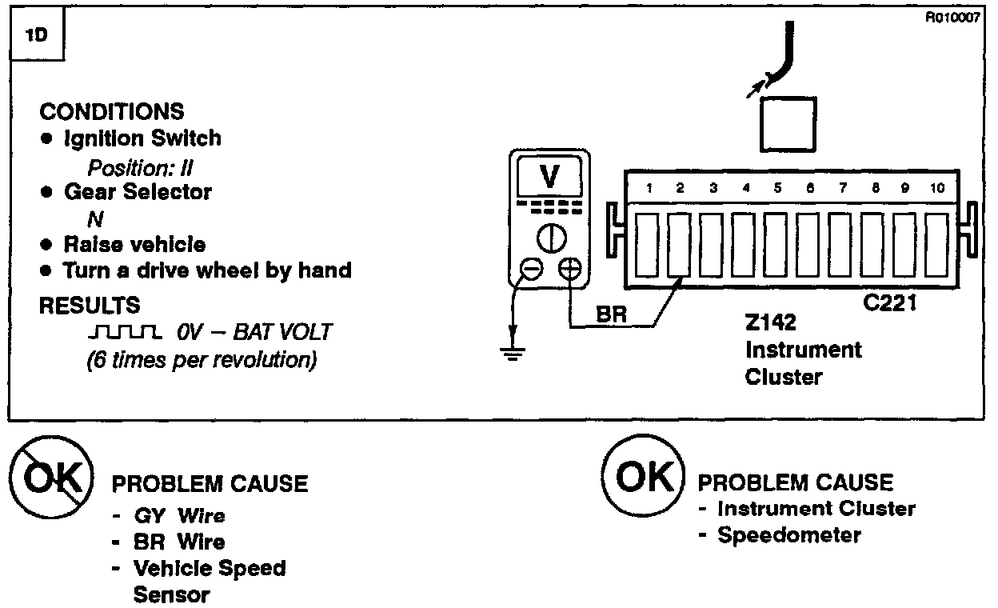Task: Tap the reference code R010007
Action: pos(952,19)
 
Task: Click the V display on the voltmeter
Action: pos(550,178)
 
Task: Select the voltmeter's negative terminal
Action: pos(532,270)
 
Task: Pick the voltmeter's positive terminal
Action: pos(569,270)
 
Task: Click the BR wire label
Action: pos(611,315)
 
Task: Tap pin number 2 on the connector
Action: pos(680,189)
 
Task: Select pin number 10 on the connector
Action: pos(937,189)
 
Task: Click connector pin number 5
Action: pos(776,189)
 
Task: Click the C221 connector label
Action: pos(889,305)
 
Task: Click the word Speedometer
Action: pos(788,535)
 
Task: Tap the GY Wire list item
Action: pos(180,516)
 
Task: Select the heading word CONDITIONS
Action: pos(112,111)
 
